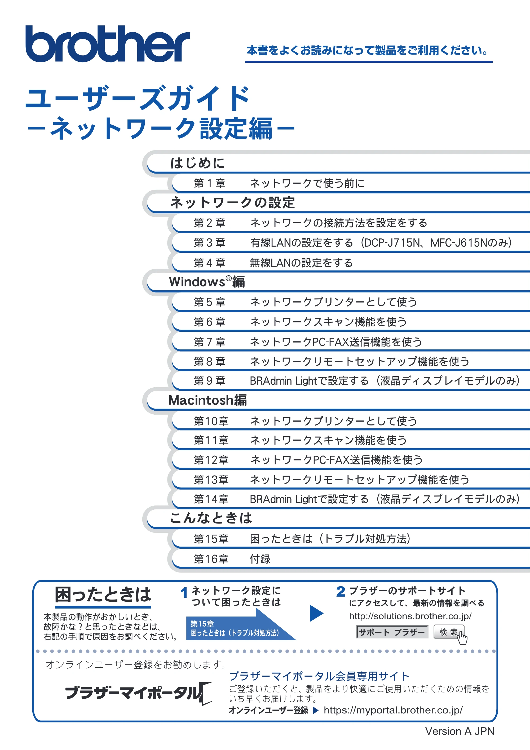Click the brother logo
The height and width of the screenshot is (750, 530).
pyautogui.click(x=108, y=44)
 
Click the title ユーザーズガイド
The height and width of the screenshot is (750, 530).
pyautogui.click(x=138, y=98)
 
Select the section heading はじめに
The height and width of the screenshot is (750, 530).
pyautogui.click(x=198, y=163)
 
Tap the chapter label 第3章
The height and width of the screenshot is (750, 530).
pyautogui.click(x=209, y=243)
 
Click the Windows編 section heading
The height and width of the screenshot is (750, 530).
pyautogui.click(x=207, y=282)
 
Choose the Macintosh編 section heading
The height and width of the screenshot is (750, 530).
pyautogui.click(x=208, y=400)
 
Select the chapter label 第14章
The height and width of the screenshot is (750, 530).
pyautogui.click(x=211, y=499)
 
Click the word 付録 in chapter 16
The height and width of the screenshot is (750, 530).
pyautogui.click(x=260, y=559)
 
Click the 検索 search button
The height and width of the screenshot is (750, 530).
pyautogui.click(x=449, y=632)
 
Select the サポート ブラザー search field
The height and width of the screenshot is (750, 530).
pyautogui.click(x=392, y=632)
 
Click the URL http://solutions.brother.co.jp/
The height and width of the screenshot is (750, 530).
pyautogui.click(x=410, y=616)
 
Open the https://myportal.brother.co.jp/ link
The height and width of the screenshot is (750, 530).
pyautogui.click(x=393, y=710)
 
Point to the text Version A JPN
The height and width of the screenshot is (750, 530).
pyautogui.click(x=460, y=731)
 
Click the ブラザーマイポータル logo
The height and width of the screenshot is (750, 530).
pyautogui.click(x=139, y=692)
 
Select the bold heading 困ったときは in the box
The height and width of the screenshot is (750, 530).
pyautogui.click(x=103, y=594)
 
